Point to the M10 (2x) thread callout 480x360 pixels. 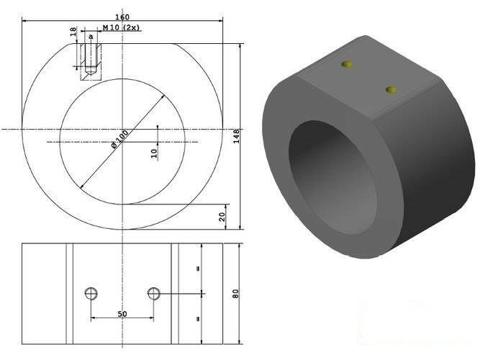pos(122,27)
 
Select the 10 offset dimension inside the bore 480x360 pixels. pos(154,153)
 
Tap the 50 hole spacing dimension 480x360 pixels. pos(122,315)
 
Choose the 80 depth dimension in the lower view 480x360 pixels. pos(235,294)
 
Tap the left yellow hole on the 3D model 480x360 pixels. pos(348,64)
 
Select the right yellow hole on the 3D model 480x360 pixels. pos(391,89)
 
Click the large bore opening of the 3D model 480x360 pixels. pos(332,179)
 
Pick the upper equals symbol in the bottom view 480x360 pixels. pos(196,269)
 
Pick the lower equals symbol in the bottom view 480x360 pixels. pos(196,317)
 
